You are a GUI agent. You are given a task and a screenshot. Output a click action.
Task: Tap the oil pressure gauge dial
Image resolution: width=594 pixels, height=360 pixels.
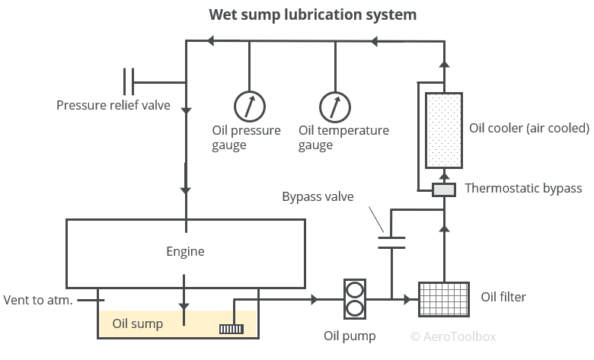tap(249, 105)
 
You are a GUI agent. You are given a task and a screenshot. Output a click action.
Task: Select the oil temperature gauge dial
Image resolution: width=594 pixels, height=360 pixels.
tap(334, 105)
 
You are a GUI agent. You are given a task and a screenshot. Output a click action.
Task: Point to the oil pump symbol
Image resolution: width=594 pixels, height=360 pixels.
tap(354, 300)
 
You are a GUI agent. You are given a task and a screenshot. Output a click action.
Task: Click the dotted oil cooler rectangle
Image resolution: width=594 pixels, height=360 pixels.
tap(444, 130)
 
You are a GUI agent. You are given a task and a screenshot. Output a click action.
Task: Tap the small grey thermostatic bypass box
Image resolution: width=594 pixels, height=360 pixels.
tap(444, 189)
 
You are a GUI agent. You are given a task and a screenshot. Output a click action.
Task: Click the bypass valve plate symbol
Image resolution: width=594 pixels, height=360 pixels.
tap(391, 243)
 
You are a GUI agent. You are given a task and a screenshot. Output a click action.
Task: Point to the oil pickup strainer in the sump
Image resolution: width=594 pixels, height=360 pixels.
tap(230, 329)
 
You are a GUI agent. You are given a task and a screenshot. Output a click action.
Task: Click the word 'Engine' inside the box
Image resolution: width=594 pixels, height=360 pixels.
tap(186, 251)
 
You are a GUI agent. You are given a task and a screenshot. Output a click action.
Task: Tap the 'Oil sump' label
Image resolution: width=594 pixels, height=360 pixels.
tap(138, 323)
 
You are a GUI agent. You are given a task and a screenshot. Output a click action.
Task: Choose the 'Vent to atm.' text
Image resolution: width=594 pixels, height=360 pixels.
tap(38, 300)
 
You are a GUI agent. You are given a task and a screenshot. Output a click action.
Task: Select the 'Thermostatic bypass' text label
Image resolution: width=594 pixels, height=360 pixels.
tap(523, 188)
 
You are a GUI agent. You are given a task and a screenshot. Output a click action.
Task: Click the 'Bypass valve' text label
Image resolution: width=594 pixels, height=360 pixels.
tap(318, 197)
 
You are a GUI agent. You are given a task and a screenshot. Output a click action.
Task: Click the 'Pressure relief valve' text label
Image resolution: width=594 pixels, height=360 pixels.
tap(113, 105)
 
